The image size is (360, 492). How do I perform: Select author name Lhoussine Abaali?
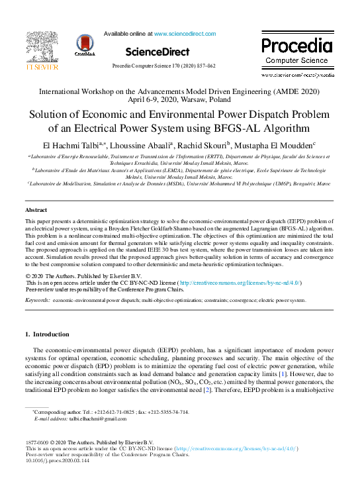click(x=143, y=145)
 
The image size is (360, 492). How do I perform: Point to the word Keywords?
click(x=37, y=300)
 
